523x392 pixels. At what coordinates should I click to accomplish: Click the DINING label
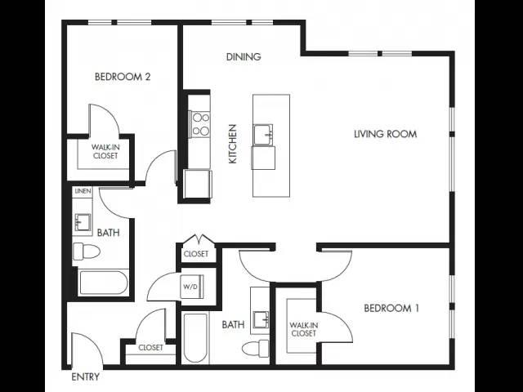244,56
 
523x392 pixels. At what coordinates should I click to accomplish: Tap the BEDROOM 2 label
123,77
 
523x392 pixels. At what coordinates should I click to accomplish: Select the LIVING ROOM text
385,134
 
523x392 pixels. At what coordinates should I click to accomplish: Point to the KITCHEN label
232,144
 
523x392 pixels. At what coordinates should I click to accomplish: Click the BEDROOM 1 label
391,308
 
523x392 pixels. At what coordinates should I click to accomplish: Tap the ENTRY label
86,377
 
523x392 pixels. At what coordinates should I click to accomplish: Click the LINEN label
83,191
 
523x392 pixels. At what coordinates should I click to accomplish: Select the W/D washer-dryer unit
192,287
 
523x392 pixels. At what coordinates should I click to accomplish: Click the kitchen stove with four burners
200,124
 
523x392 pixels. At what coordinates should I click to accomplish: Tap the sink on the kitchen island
263,135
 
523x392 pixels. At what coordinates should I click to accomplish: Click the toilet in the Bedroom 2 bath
86,252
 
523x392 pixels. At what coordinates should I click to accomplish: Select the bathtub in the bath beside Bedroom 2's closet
103,283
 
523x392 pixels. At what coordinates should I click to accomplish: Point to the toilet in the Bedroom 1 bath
256,349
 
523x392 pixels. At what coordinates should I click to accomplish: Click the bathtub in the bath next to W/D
195,337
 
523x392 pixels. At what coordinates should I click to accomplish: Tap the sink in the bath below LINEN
83,222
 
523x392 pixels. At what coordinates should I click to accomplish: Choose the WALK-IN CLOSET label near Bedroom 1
303,329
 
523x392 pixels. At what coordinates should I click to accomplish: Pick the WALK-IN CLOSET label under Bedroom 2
105,151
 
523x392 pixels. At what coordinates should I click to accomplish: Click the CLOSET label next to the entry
150,348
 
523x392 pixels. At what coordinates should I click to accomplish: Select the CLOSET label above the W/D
196,254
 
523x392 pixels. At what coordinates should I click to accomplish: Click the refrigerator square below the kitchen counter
198,184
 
